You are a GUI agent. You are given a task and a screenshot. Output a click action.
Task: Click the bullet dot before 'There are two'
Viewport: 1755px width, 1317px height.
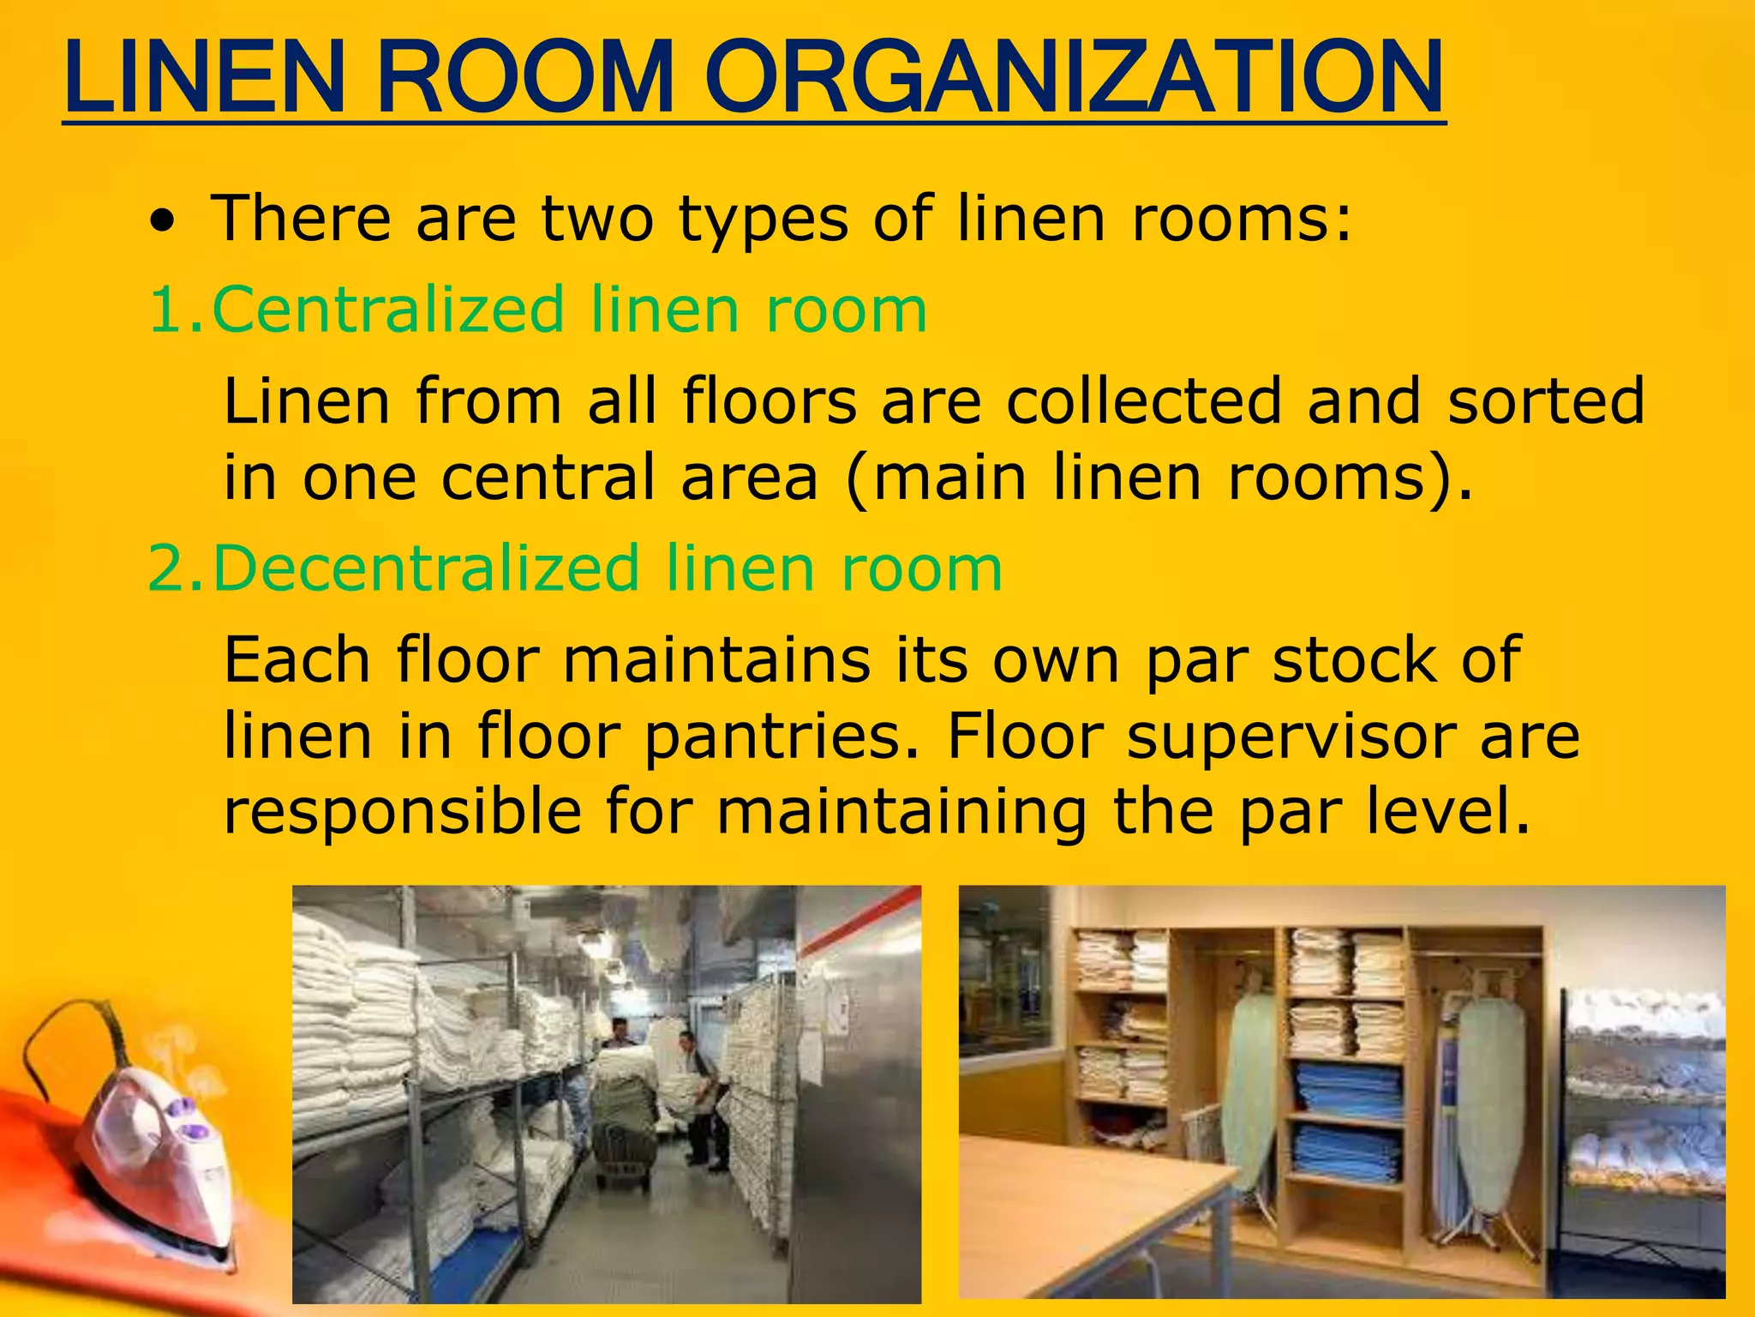point(162,224)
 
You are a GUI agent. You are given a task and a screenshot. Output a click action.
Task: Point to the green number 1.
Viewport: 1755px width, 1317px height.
point(166,310)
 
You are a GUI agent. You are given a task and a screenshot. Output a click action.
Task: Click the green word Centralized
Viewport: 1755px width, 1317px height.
point(388,310)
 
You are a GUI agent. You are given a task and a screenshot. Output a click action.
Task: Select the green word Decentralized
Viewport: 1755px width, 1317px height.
point(426,568)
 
